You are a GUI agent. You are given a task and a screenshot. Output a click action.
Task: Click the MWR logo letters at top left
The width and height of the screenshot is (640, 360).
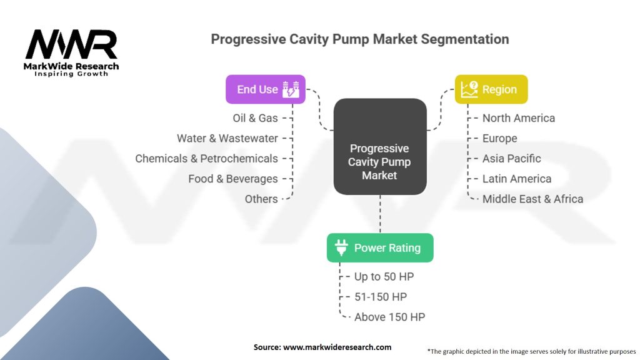pyautogui.click(x=71, y=45)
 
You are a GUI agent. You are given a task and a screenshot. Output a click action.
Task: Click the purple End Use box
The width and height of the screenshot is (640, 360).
pyautogui.click(x=265, y=89)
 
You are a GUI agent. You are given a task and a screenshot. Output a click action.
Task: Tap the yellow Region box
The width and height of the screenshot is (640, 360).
pyautogui.click(x=491, y=89)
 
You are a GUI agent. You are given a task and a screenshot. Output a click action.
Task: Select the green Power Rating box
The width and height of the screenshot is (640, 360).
pyautogui.click(x=379, y=247)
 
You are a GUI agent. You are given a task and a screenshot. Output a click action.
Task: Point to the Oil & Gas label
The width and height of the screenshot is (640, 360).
pyautogui.click(x=255, y=118)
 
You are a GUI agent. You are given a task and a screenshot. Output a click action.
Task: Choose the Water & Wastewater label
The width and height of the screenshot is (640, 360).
pyautogui.click(x=227, y=138)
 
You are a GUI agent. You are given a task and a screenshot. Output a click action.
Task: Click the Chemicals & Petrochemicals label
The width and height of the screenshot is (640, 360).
pyautogui.click(x=206, y=158)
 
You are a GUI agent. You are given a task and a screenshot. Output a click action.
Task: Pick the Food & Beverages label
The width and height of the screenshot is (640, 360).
pyautogui.click(x=232, y=179)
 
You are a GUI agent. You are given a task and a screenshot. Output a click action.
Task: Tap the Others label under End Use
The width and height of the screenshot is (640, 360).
pyautogui.click(x=261, y=199)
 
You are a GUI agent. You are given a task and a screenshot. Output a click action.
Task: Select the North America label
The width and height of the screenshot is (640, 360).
pyautogui.click(x=518, y=118)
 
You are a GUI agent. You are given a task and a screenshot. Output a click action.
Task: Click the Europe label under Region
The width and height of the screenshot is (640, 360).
pyautogui.click(x=499, y=138)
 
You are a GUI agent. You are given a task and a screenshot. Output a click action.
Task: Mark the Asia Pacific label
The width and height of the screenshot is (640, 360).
pyautogui.click(x=511, y=158)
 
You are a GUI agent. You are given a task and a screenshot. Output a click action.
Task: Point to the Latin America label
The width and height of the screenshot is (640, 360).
pyautogui.click(x=516, y=179)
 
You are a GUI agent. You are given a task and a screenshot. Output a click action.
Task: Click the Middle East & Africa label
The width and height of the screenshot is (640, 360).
pyautogui.click(x=532, y=199)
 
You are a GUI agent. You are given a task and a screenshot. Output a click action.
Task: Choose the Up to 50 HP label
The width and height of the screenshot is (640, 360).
pyautogui.click(x=384, y=276)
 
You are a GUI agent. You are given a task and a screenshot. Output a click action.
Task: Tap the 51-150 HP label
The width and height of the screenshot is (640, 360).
pyautogui.click(x=380, y=296)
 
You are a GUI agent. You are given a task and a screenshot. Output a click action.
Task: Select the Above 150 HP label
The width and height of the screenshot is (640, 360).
pyautogui.click(x=389, y=317)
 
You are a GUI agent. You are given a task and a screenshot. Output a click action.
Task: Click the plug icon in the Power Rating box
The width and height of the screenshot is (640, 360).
pyautogui.click(x=341, y=247)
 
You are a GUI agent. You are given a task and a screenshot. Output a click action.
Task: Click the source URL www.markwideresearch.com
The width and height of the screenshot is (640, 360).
pyautogui.click(x=338, y=347)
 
